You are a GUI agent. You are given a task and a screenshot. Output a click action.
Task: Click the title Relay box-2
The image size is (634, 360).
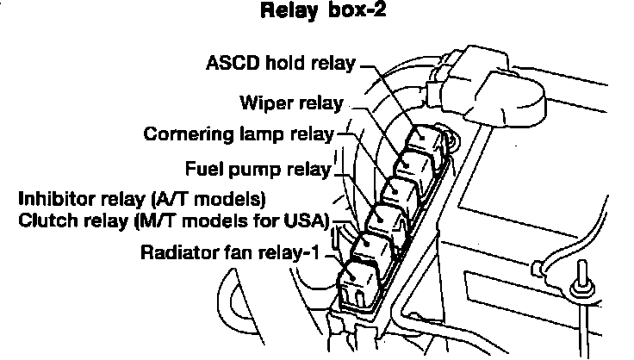pyautogui.click(x=316, y=13)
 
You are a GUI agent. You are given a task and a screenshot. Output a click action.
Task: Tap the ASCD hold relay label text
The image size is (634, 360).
pyautogui.click(x=281, y=63)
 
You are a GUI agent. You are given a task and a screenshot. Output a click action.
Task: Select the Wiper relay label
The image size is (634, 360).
pyautogui.click(x=291, y=103)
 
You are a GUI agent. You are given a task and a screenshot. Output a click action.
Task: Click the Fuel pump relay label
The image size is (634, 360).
pyautogui.click(x=258, y=167)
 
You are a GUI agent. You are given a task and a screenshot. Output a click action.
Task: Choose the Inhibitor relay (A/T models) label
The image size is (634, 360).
pyautogui.click(x=142, y=199)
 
